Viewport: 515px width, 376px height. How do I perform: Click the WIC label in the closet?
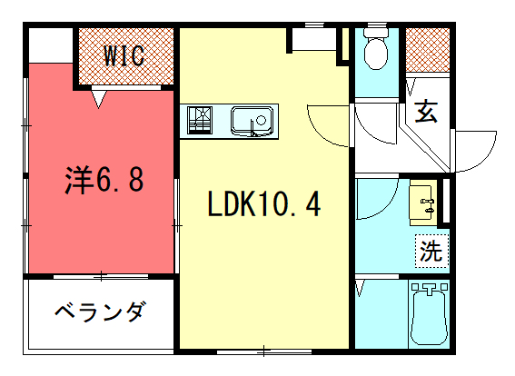click(x=124, y=55)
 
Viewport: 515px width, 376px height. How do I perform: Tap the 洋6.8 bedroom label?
click(x=104, y=180)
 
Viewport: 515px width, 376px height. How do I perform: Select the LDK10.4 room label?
click(x=264, y=204)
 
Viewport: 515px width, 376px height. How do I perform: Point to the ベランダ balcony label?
click(x=99, y=312)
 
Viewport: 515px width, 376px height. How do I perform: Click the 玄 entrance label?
click(x=426, y=112)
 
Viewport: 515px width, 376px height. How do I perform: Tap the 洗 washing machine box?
click(x=432, y=251)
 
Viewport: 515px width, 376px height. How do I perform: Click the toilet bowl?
click(x=376, y=49)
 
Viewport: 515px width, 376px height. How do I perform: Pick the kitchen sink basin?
click(x=252, y=121)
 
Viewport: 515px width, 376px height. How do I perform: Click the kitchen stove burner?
click(x=200, y=120)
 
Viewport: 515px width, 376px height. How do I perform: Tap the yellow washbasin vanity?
click(x=423, y=203)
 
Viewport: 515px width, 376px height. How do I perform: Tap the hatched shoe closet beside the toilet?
click(x=427, y=50)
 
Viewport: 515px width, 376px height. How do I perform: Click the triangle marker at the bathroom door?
click(x=361, y=288)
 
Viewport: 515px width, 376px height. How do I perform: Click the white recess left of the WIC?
click(x=51, y=45)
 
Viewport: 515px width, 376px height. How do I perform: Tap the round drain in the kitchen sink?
click(x=261, y=121)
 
